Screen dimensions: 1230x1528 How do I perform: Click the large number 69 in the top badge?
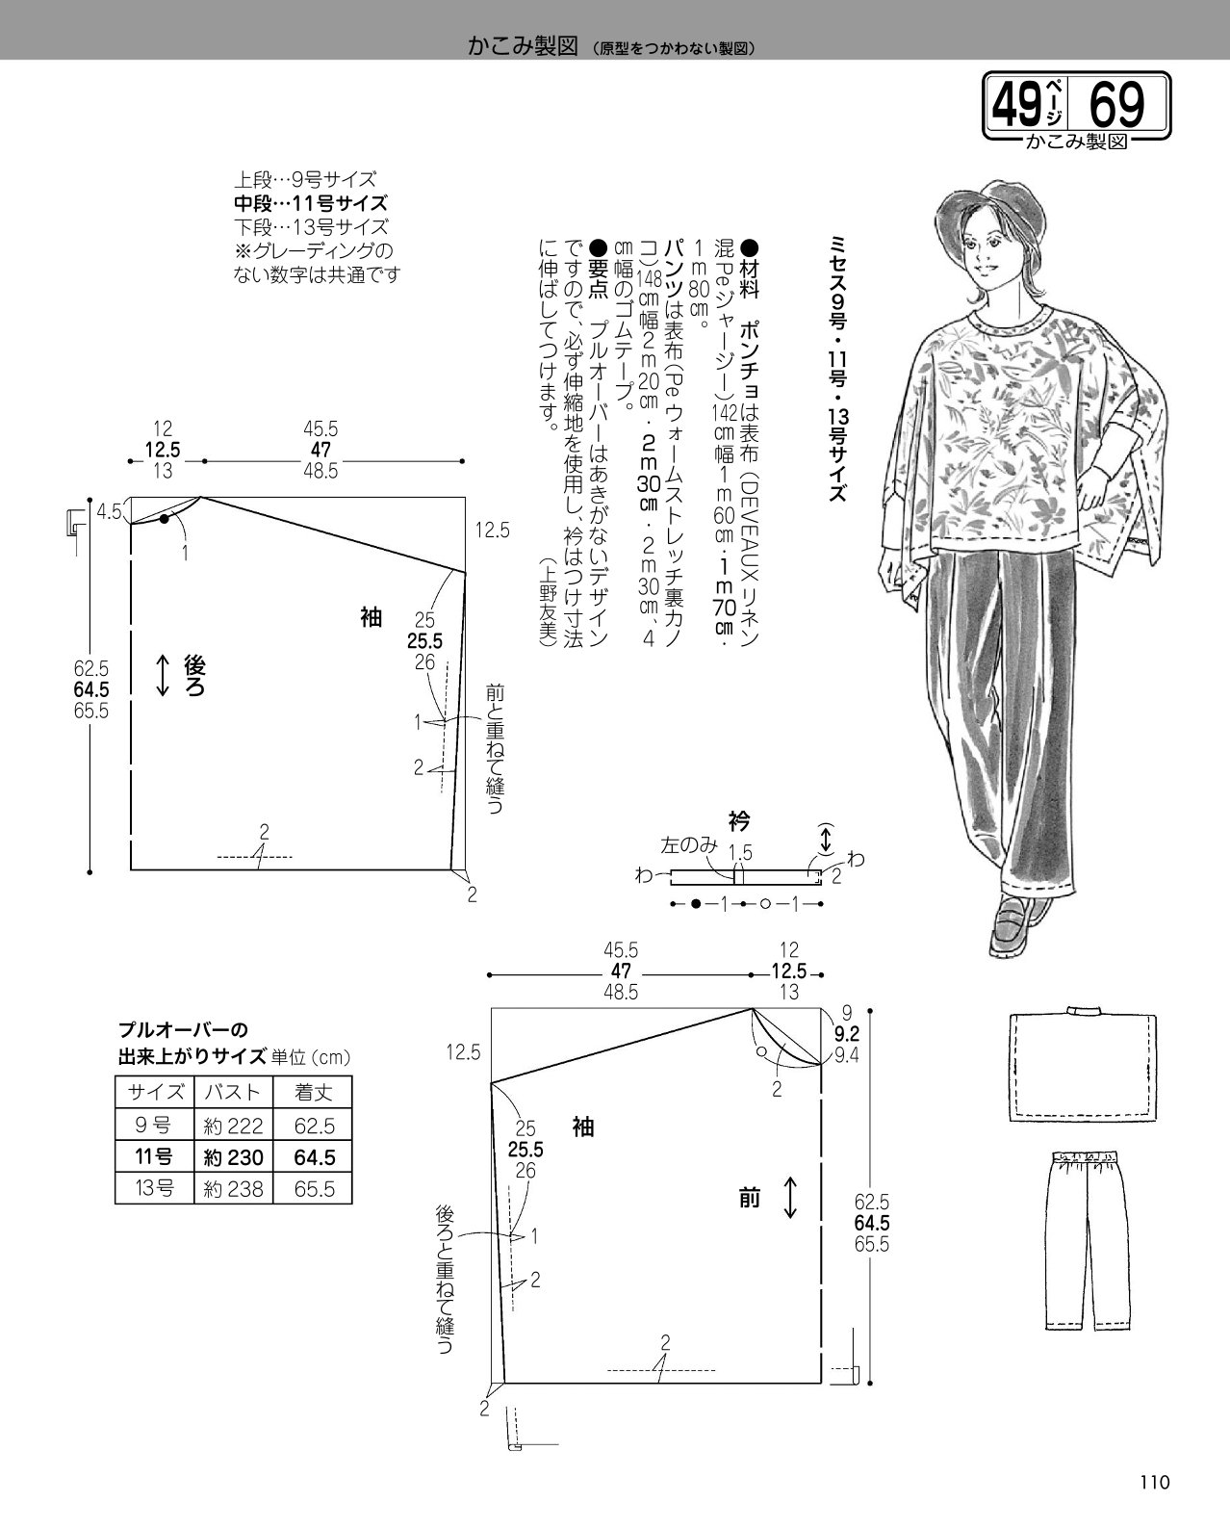pyautogui.click(x=1116, y=104)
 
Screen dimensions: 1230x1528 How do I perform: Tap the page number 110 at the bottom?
pyautogui.click(x=1155, y=1483)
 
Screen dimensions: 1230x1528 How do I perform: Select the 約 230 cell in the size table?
pyautogui.click(x=234, y=1157)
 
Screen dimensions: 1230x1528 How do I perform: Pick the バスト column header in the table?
pyautogui.click(x=232, y=1091)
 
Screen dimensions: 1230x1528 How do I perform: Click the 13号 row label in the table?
pyautogui.click(x=154, y=1188)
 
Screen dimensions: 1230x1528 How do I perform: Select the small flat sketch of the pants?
pyautogui.click(x=1087, y=1240)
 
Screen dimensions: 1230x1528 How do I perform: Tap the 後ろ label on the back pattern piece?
pyautogui.click(x=194, y=675)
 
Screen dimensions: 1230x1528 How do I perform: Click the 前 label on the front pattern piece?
pyautogui.click(x=750, y=1199)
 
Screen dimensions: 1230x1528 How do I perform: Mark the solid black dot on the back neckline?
pyautogui.click(x=165, y=519)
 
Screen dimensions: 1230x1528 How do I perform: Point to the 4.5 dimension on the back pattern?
pyautogui.click(x=110, y=511)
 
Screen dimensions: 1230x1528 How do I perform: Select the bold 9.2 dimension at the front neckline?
pyautogui.click(x=847, y=1034)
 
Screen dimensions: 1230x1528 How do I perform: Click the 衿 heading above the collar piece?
pyautogui.click(x=739, y=821)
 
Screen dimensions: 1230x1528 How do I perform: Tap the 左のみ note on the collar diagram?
pyautogui.click(x=689, y=845)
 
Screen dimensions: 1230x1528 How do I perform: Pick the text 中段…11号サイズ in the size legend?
pyautogui.click(x=311, y=203)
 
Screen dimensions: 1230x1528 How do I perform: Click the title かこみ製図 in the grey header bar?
pyautogui.click(x=523, y=46)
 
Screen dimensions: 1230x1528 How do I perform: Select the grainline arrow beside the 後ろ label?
pyautogui.click(x=163, y=675)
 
